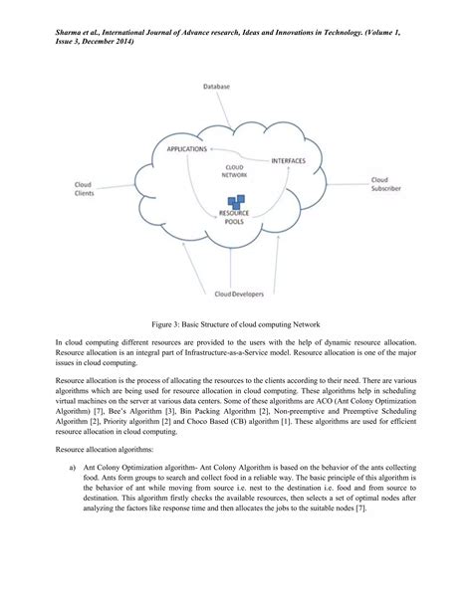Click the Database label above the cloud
pos(217,88)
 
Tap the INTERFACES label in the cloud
pos(290,158)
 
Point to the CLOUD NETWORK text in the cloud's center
pos(234,170)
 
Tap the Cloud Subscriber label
pos(385,185)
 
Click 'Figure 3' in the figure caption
pos(166,324)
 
